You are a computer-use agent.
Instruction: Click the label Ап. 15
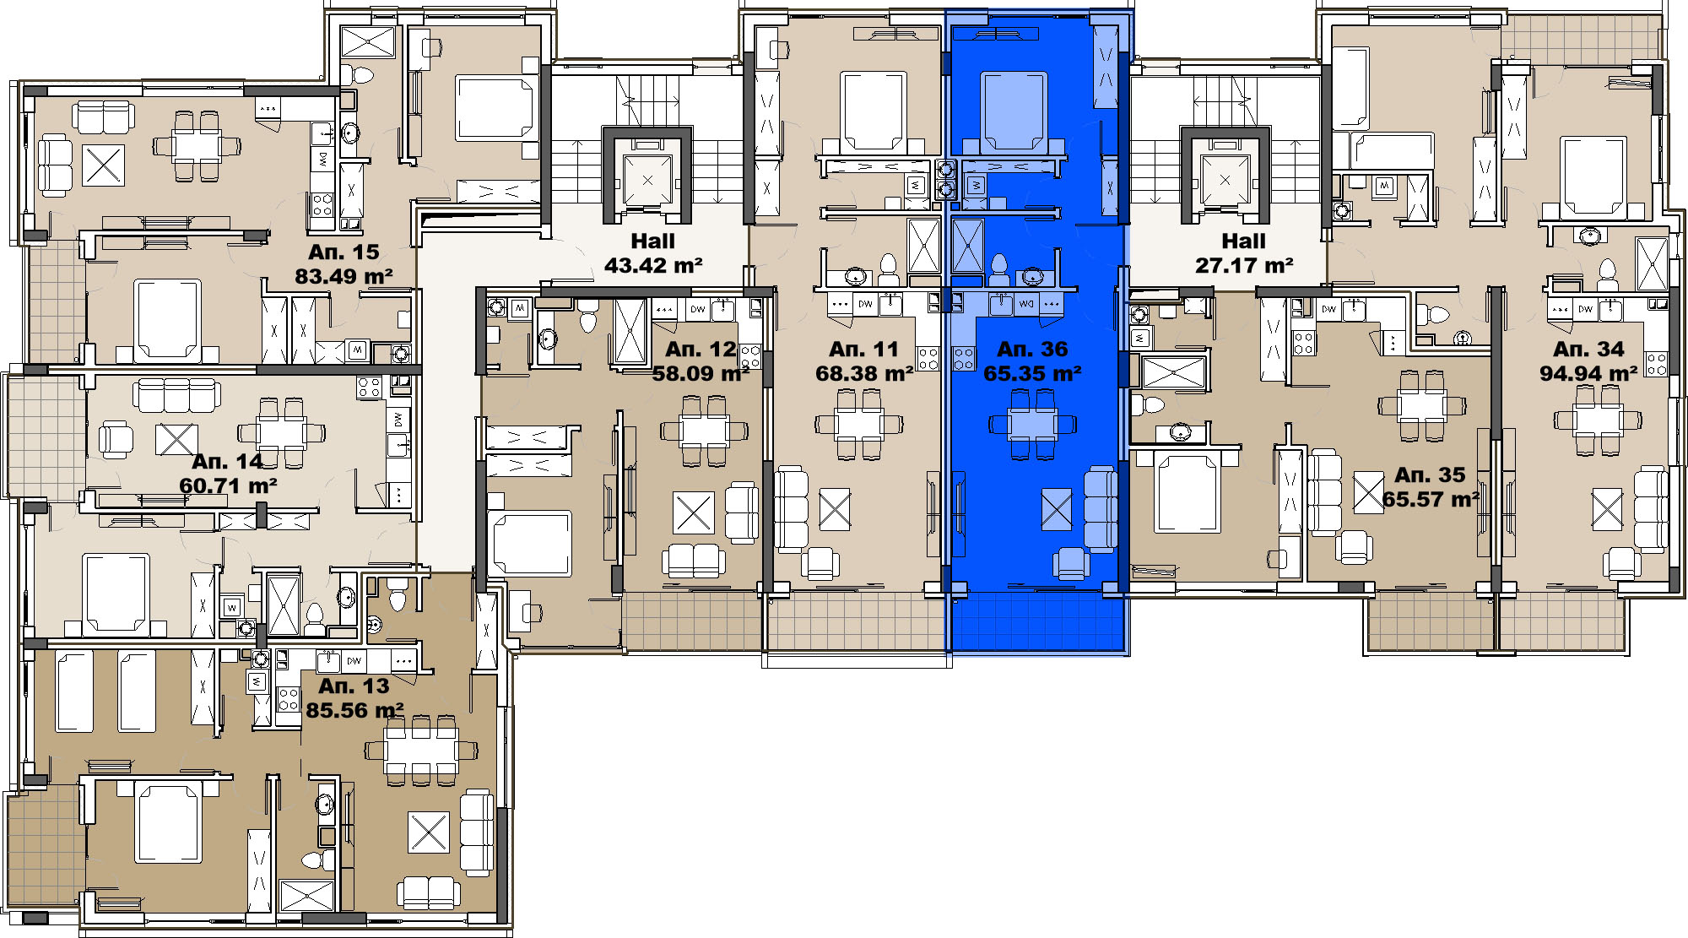pyautogui.click(x=344, y=252)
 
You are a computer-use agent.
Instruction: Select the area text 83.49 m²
pyautogui.click(x=344, y=277)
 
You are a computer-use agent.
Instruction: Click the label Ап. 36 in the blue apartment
pyautogui.click(x=1032, y=350)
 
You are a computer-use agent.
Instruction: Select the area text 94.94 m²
pyautogui.click(x=1588, y=374)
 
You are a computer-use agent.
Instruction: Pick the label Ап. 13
pyautogui.click(x=354, y=686)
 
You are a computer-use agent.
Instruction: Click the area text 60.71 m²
pyautogui.click(x=229, y=486)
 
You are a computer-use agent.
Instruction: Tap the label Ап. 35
pyautogui.click(x=1430, y=475)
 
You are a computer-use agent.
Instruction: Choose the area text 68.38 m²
pyautogui.click(x=864, y=374)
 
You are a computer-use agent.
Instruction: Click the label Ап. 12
pyautogui.click(x=701, y=350)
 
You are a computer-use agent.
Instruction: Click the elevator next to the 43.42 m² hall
pyautogui.click(x=647, y=180)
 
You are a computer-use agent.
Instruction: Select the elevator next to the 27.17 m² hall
pyautogui.click(x=1225, y=180)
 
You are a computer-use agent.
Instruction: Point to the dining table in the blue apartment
pyautogui.click(x=1032, y=424)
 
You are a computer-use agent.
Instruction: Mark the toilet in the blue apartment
pyautogui.click(x=999, y=269)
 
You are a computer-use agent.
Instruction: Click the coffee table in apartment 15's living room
pyautogui.click(x=104, y=165)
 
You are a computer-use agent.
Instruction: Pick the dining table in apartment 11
pyautogui.click(x=859, y=424)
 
